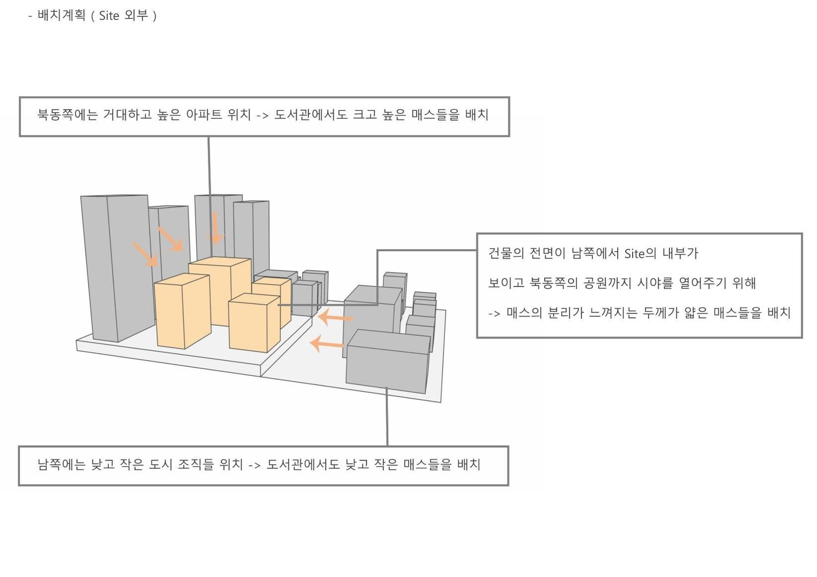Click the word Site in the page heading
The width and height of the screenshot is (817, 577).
click(x=109, y=16)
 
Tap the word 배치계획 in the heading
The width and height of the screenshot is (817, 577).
click(x=62, y=15)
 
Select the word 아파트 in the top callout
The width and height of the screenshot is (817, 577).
click(x=204, y=114)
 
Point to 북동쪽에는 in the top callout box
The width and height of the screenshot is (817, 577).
click(x=68, y=114)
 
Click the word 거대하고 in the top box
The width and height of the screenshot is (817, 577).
click(x=127, y=114)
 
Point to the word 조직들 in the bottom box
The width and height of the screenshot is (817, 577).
click(x=196, y=464)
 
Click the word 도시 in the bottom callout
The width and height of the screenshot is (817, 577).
click(x=160, y=464)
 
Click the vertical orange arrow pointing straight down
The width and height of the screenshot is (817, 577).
click(x=215, y=228)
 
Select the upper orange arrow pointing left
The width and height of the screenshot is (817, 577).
click(x=335, y=317)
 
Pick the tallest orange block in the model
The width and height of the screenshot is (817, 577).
click(x=220, y=291)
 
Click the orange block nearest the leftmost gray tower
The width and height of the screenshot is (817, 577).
click(x=182, y=311)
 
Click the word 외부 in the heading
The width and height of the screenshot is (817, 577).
click(x=136, y=15)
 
